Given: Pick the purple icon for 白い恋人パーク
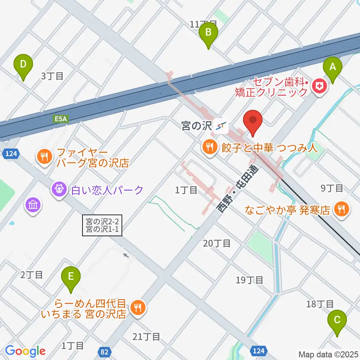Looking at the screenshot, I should [x=60, y=190].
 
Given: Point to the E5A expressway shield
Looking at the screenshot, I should [x=59, y=119].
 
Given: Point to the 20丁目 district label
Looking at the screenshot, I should [x=216, y=244].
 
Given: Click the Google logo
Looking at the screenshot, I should [x=25, y=351].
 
